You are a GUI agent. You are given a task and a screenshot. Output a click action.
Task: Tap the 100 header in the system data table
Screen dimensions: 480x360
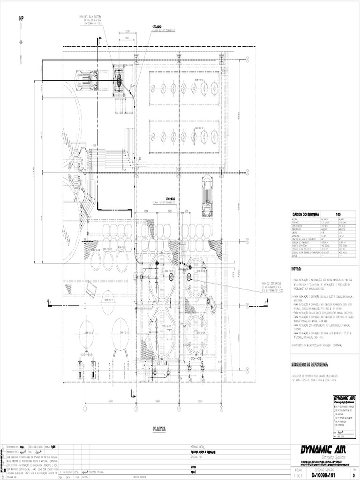337,214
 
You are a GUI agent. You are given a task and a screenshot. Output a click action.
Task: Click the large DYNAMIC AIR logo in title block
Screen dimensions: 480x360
326,450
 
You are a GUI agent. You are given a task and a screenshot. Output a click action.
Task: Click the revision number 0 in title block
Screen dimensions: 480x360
353,475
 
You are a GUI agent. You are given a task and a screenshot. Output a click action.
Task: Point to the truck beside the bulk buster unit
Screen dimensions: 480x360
87,81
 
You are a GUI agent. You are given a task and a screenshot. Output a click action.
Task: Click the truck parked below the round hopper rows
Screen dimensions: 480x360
207,195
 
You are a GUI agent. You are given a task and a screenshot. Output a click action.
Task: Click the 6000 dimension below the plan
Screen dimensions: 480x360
110,402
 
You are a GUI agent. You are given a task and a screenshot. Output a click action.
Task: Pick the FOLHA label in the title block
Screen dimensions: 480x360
298,469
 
